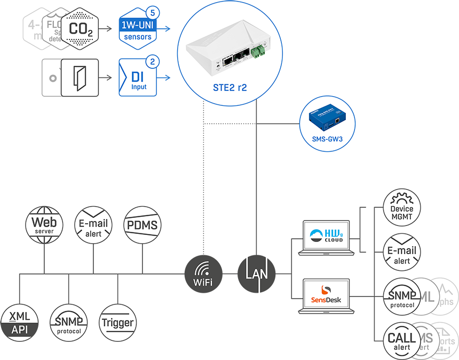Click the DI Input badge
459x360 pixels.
click(x=137, y=79)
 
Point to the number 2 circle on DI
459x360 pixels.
click(x=153, y=62)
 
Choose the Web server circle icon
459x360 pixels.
click(x=44, y=225)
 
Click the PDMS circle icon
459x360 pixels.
click(x=143, y=225)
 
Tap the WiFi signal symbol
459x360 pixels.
click(x=203, y=269)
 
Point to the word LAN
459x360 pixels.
click(x=257, y=273)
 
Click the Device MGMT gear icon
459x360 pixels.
click(x=402, y=208)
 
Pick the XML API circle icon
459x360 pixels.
click(x=20, y=323)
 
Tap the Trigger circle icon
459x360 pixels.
click(x=117, y=323)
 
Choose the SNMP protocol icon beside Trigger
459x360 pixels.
click(x=68, y=323)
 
